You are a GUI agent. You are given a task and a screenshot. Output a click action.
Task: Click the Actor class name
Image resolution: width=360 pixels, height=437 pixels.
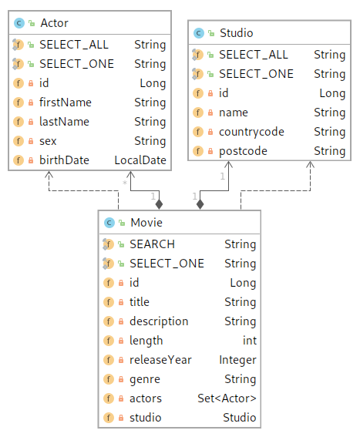(x=54, y=23)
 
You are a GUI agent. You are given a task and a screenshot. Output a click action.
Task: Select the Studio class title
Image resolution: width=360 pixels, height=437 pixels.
(x=236, y=33)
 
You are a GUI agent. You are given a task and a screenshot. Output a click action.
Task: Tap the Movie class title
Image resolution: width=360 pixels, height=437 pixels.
(x=146, y=223)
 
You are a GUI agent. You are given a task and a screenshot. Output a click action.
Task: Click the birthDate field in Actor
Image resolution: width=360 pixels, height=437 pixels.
(x=64, y=160)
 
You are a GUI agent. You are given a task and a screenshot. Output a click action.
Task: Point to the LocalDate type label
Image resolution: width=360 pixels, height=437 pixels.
(x=140, y=160)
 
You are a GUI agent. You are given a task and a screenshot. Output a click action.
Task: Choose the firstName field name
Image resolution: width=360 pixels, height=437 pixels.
(x=66, y=103)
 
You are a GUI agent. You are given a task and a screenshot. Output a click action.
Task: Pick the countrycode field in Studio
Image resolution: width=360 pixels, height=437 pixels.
(x=251, y=132)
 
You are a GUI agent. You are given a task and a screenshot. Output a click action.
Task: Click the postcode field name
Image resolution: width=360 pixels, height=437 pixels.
(x=243, y=151)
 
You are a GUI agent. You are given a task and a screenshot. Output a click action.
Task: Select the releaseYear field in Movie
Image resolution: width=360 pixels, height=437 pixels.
(x=160, y=360)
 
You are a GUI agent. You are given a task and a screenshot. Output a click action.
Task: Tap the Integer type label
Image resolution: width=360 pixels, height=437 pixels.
(x=237, y=360)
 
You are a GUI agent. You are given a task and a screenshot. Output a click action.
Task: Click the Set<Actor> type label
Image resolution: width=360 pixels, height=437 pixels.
(x=227, y=398)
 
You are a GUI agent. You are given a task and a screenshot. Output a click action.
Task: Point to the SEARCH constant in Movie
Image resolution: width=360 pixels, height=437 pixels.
(x=153, y=244)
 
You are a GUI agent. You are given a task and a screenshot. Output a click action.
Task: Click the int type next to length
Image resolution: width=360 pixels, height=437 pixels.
(x=250, y=341)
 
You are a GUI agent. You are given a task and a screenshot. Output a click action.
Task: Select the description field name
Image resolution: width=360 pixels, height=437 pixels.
(x=159, y=321)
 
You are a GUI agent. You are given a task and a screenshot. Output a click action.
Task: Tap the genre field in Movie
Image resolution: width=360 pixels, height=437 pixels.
(x=145, y=379)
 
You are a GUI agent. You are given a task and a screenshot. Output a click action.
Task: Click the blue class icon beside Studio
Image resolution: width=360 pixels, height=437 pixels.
(x=199, y=33)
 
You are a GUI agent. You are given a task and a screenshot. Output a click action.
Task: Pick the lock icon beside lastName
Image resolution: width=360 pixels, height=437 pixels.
(x=31, y=122)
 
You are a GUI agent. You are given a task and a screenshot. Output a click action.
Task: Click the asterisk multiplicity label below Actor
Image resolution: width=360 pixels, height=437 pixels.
(x=125, y=183)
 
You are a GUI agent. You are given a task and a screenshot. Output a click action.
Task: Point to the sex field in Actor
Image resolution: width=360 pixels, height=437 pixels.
(x=48, y=141)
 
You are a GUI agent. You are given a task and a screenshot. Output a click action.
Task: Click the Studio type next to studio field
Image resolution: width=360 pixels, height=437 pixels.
(x=240, y=418)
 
